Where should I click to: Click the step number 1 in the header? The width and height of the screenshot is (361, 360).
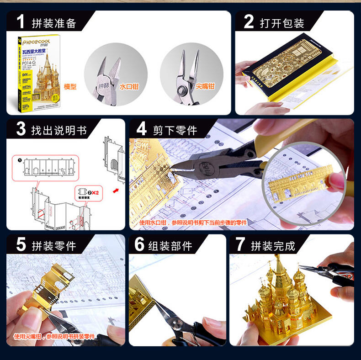20,22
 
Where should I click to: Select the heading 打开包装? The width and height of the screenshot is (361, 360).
281,23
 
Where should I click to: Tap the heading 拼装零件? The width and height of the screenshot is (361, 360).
53,245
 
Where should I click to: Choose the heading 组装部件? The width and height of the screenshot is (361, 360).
170,245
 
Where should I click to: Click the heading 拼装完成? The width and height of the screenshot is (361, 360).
273,246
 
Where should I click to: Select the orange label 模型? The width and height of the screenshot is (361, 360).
70,86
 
